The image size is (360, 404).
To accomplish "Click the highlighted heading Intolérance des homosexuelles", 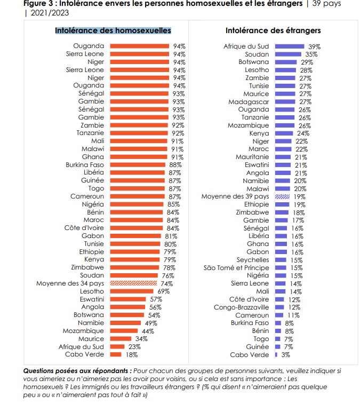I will point(113,30).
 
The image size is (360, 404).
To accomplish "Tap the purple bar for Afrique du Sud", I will point(290,46).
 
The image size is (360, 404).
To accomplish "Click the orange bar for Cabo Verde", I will point(116,354).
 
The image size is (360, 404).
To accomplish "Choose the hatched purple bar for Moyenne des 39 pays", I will point(282,196).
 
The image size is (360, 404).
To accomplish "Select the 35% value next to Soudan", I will point(311,54).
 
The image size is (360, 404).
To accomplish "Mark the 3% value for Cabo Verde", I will point(285,354).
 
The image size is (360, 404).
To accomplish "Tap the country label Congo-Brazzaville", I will point(242,307).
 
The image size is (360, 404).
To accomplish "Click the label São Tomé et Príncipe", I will point(236,267).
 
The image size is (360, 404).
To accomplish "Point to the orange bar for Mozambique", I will point(124,331).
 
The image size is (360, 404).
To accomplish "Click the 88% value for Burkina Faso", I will point(176,165).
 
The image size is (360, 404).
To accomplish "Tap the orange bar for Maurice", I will point(121,338).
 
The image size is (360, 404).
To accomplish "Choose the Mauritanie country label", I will point(252,157).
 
